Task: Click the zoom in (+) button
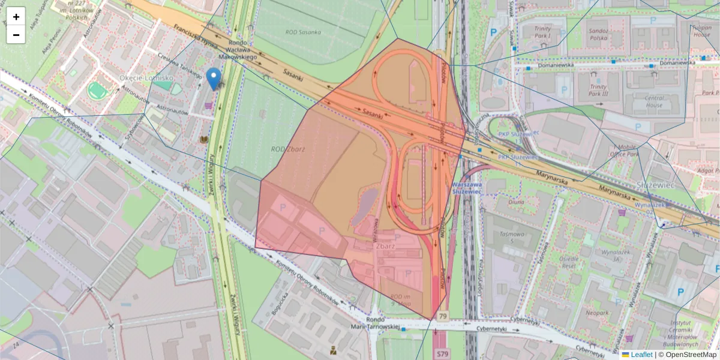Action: tap(16, 17)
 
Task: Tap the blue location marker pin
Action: tap(213, 79)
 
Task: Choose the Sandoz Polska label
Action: tap(598, 34)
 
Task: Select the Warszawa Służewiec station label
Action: tap(468, 188)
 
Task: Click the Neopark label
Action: tap(598, 313)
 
